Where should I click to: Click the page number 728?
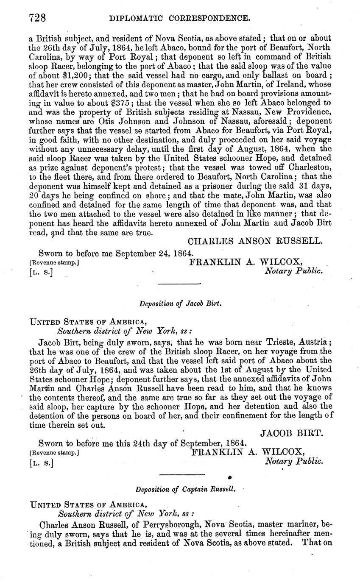pos(38,18)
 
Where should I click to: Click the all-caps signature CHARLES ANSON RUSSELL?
pos(255,242)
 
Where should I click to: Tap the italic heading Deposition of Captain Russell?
pos(185,490)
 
